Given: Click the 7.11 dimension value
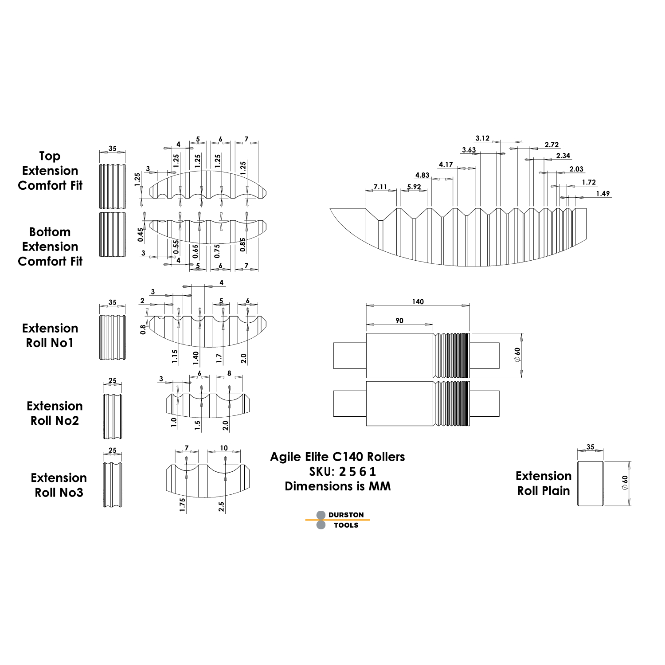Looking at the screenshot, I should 380,187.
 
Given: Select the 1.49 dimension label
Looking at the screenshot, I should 602,194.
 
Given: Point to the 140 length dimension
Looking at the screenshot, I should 418,302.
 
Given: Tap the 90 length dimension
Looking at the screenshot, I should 399,321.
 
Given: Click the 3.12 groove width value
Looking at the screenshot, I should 482,138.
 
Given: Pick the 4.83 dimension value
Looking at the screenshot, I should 422,175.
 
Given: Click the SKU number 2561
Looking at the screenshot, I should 357,471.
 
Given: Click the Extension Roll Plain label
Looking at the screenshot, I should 544,483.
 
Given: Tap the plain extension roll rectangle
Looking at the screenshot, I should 590,483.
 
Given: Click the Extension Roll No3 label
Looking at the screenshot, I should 59,485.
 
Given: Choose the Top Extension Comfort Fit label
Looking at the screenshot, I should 50,171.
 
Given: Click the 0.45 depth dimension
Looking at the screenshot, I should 141,235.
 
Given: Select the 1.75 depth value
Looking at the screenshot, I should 182,505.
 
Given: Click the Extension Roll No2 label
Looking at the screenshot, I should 55,413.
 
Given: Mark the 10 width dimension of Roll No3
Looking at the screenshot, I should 224,448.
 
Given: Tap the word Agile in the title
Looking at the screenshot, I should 286,457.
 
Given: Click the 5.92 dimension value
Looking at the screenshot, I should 414,187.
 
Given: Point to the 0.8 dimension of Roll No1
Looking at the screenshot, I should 143,329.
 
